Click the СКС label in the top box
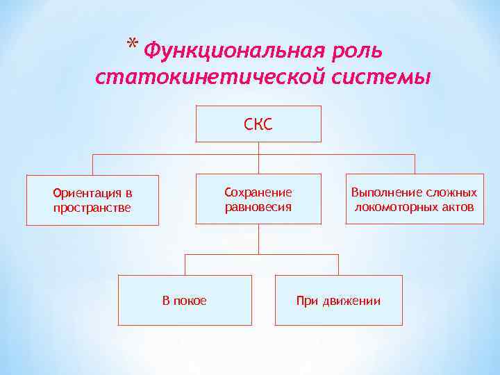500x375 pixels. coord(258,124)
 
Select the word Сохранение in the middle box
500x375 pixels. coord(258,192)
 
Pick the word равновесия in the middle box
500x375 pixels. coord(258,206)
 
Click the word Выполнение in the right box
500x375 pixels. coord(384,192)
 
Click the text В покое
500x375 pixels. coord(184,301)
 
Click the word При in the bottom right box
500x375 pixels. coord(306,301)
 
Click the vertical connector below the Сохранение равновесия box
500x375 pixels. coord(258,239)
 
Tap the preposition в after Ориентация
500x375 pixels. coord(128,193)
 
